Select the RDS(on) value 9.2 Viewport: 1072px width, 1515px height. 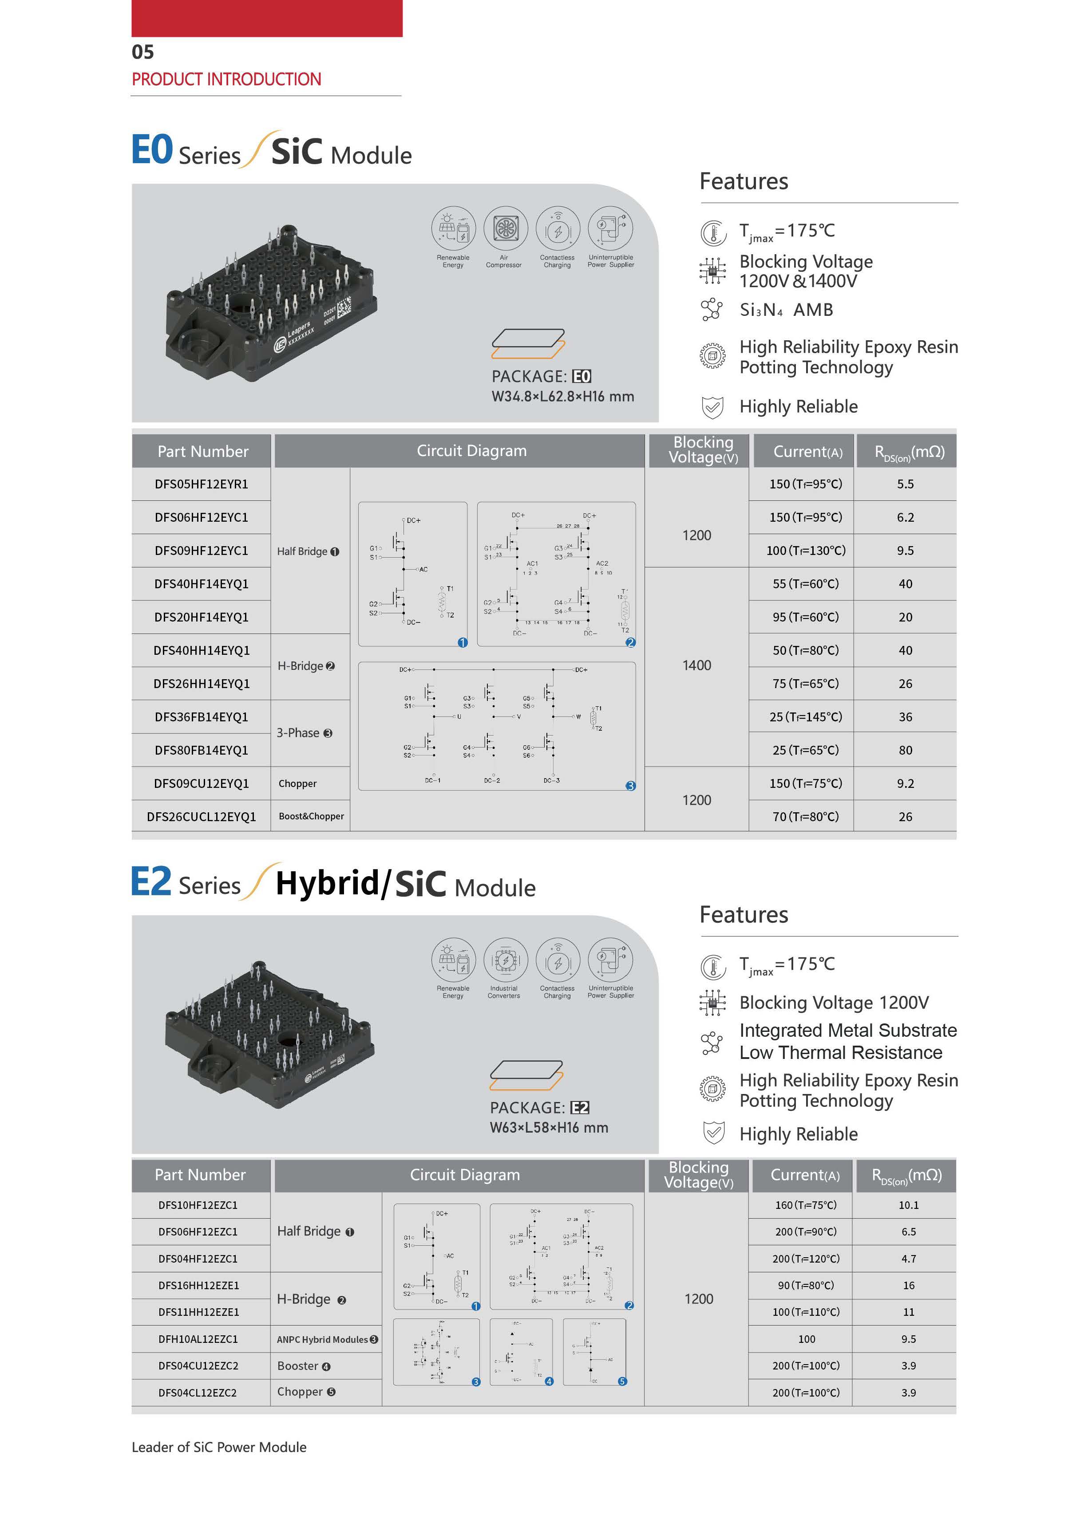pos(905,783)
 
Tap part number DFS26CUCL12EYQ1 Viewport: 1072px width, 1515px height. pos(202,817)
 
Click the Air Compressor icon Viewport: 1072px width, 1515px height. pos(505,229)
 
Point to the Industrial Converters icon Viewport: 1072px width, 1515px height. pos(505,960)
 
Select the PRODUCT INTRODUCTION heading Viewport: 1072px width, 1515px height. pos(226,80)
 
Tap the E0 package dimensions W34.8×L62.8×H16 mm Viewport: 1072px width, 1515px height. pos(562,397)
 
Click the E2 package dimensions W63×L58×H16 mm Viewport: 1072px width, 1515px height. pos(549,1128)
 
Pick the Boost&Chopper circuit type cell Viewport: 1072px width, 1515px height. pos(311,816)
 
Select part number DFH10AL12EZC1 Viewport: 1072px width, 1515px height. pos(198,1339)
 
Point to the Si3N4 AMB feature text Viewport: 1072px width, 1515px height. pos(786,310)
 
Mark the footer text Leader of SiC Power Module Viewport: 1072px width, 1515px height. pos(219,1447)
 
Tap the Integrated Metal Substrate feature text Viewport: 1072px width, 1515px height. pos(847,1031)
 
